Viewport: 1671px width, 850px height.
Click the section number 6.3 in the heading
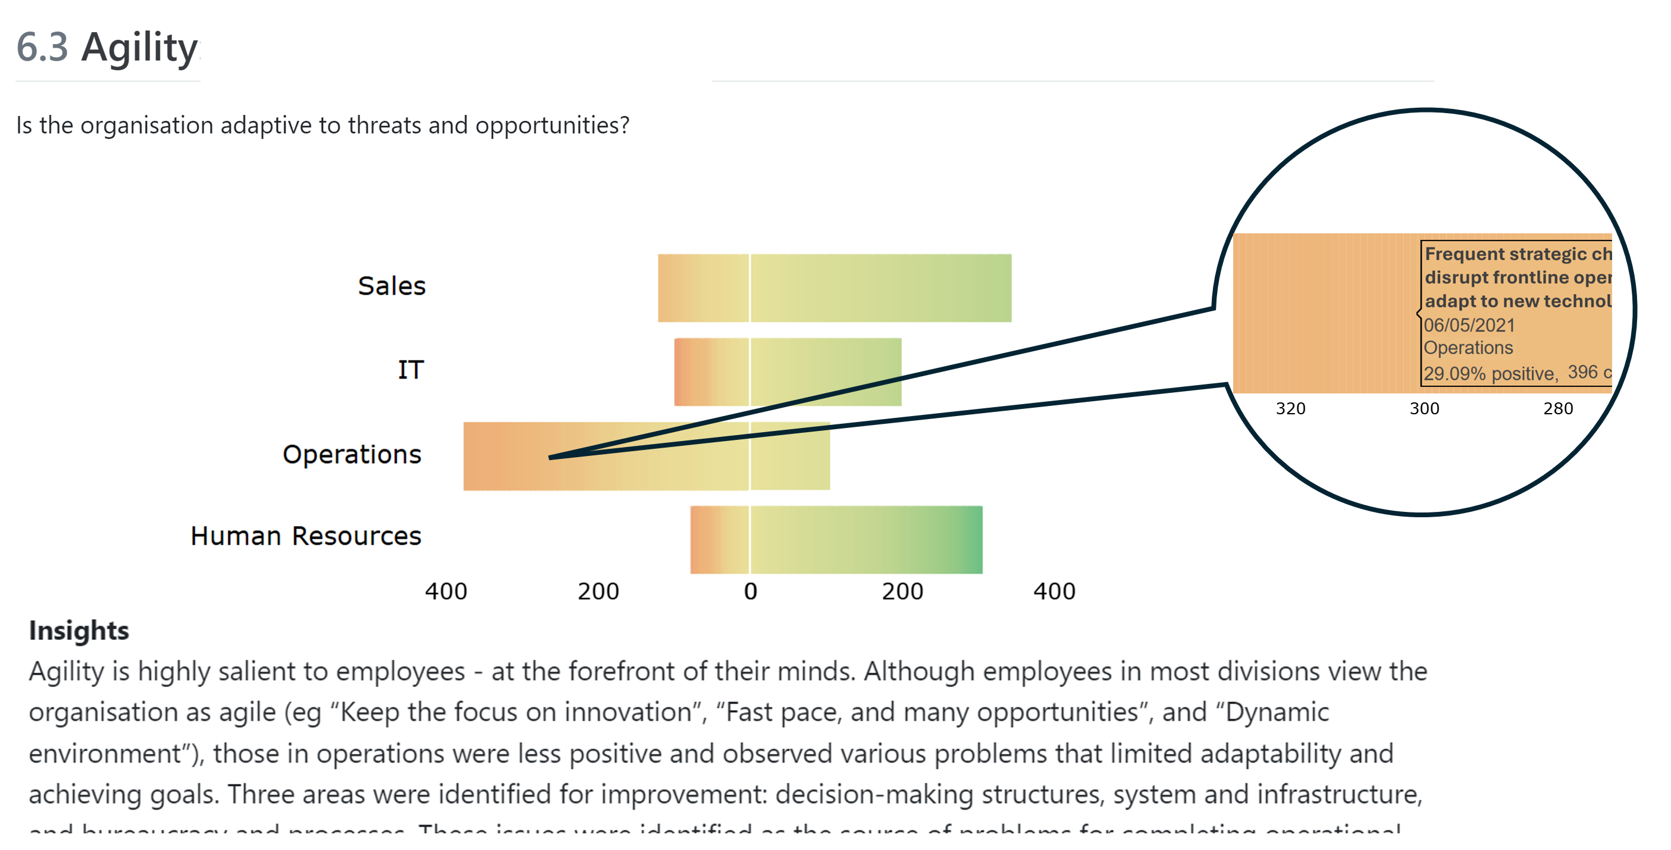point(42,48)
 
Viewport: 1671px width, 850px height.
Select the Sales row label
point(391,286)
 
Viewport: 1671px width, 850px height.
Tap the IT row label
point(410,370)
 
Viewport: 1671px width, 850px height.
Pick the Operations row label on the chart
point(352,454)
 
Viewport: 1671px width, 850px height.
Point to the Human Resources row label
point(306,536)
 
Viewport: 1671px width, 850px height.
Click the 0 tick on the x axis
point(750,591)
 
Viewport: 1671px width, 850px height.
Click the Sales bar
point(834,288)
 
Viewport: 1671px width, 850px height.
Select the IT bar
point(788,372)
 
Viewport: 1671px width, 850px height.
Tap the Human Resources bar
point(836,540)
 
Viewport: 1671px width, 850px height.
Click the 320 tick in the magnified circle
point(1290,409)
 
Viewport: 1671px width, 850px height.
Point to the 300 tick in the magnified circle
point(1424,409)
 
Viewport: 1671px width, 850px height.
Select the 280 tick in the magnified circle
point(1557,409)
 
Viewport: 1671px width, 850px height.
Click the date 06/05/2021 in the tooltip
point(1469,325)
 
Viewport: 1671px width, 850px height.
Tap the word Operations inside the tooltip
point(1468,348)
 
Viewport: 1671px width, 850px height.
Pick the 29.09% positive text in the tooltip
point(1490,374)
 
